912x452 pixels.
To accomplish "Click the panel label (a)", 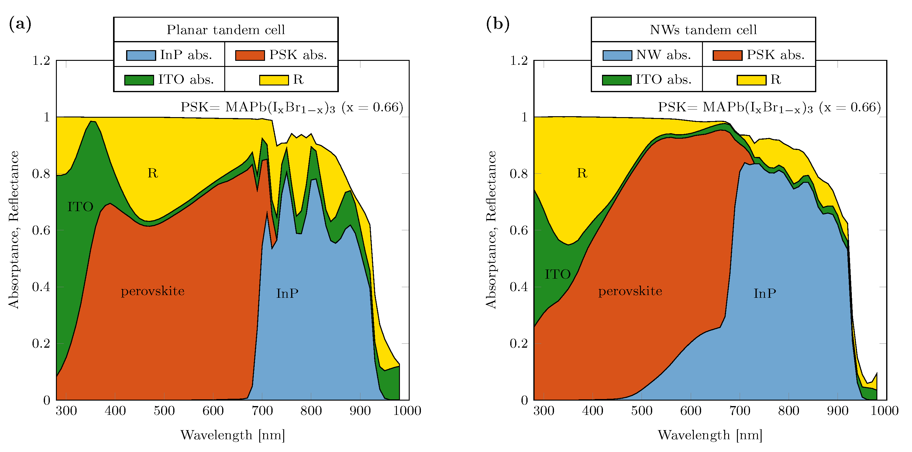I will (x=20, y=24).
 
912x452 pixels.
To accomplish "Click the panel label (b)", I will (x=497, y=24).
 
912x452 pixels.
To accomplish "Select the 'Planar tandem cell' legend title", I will (x=225, y=30).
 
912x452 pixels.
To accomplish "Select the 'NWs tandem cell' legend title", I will (x=703, y=30).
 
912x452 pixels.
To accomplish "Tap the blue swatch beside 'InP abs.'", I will (x=141, y=55).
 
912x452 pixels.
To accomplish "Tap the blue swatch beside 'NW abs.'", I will (x=617, y=55).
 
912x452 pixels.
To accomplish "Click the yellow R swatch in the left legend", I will (x=274, y=80).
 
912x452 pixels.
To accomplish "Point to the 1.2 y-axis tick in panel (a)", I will (x=41, y=61).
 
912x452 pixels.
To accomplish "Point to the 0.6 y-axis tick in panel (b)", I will (x=519, y=230).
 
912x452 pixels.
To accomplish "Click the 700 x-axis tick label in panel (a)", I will (x=262, y=411).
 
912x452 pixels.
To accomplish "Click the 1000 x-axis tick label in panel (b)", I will (x=884, y=411).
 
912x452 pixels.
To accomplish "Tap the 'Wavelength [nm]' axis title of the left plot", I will (x=232, y=435).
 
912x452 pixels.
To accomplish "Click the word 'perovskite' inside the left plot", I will (x=153, y=291).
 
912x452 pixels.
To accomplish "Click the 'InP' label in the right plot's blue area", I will (x=765, y=293).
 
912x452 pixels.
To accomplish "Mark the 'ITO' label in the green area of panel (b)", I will (x=558, y=274).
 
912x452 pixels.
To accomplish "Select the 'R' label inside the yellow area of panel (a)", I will (x=153, y=173).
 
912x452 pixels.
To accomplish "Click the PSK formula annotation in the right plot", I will (x=769, y=107).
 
